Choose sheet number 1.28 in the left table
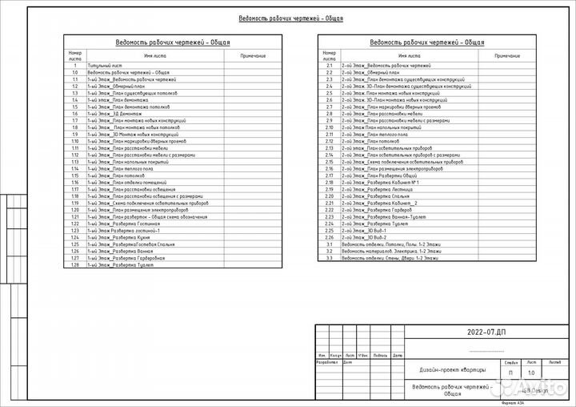coord(74,265)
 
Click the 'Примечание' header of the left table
coord(253,55)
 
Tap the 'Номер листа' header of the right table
coord(329,56)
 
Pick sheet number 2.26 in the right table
coord(329,238)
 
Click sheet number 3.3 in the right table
coord(329,259)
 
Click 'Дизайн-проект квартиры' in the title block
coord(452,369)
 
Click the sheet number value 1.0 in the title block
coord(531,373)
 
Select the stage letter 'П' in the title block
coord(511,373)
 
